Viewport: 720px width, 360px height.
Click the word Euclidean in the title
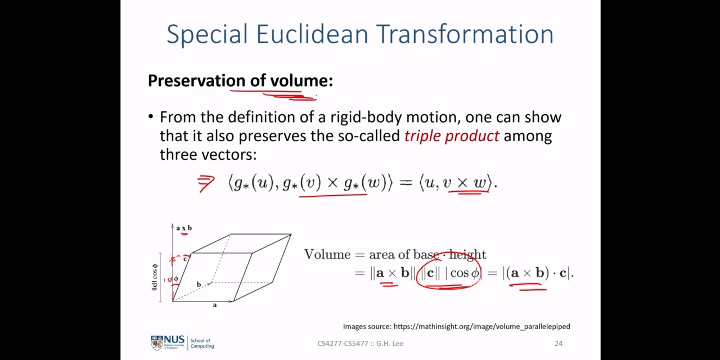click(x=312, y=34)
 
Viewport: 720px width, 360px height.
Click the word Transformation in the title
click(x=465, y=34)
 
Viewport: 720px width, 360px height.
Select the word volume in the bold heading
click(x=301, y=80)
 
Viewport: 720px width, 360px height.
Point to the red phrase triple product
click(x=452, y=136)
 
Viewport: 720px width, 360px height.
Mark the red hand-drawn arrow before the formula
click(x=206, y=183)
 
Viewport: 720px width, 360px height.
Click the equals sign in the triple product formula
click(x=406, y=183)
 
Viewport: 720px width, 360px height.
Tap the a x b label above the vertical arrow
click(x=184, y=228)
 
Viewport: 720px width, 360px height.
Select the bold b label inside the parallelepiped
click(x=199, y=285)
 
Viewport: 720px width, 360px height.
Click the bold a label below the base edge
click(x=215, y=305)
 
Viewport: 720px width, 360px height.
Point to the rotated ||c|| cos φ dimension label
click(x=155, y=277)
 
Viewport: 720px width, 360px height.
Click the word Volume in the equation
click(x=327, y=255)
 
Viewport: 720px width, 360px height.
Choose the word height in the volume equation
click(x=467, y=255)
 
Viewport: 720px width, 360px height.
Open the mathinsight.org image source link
click(x=482, y=327)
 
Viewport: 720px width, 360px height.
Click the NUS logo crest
click(x=157, y=343)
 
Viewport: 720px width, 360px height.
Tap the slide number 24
click(x=559, y=344)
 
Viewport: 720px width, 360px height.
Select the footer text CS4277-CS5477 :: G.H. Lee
click(x=361, y=344)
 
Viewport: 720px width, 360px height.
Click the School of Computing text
click(x=202, y=343)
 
